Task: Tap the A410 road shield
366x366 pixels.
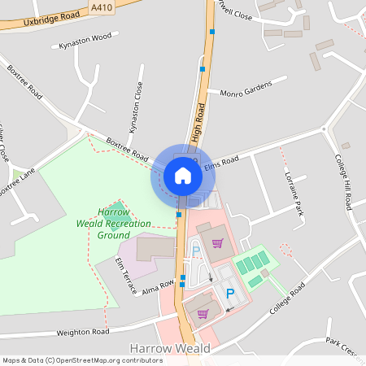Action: [102, 7]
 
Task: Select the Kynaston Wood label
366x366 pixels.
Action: [85, 41]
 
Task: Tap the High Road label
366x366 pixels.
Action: [198, 124]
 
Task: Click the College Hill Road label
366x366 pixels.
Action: [343, 182]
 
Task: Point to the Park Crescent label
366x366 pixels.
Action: [342, 344]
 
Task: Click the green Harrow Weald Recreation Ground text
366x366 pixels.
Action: [114, 223]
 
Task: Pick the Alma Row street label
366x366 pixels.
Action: [159, 287]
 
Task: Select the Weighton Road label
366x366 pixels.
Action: [82, 332]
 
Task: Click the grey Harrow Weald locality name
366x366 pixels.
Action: [170, 349]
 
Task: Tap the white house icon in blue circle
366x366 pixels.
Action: [182, 175]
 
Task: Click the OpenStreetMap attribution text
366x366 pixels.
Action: [83, 360]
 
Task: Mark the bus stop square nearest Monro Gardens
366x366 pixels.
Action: [203, 69]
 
